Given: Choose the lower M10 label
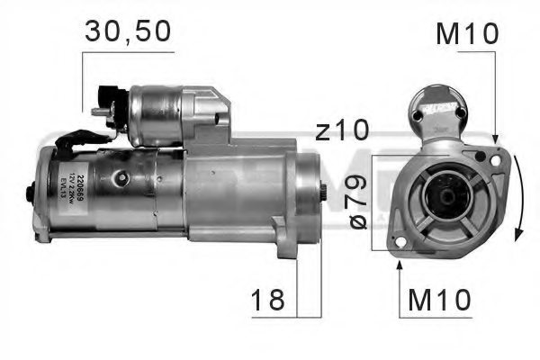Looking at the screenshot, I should [440, 301].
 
